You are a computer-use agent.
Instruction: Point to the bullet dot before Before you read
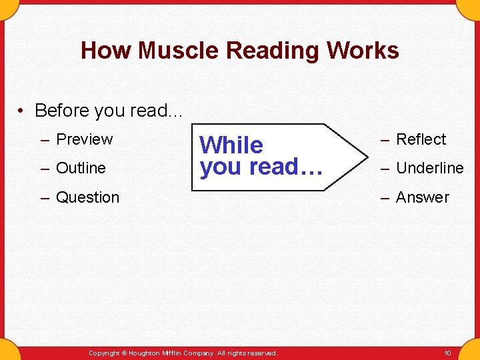coord(23,111)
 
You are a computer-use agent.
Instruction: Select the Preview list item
coord(84,139)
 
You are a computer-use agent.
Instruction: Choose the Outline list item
coord(81,168)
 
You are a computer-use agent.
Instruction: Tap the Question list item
coord(87,197)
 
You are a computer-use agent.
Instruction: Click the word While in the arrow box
coord(231,145)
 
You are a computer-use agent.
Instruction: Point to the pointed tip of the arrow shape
coord(367,157)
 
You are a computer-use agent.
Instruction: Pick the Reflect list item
coord(421,139)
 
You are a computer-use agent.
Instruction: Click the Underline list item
coord(429,168)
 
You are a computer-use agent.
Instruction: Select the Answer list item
coord(423,197)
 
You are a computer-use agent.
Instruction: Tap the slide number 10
coord(447,353)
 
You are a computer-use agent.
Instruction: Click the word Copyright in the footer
coord(103,353)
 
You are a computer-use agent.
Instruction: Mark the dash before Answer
coord(385,197)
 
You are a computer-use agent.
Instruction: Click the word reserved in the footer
coord(262,353)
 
